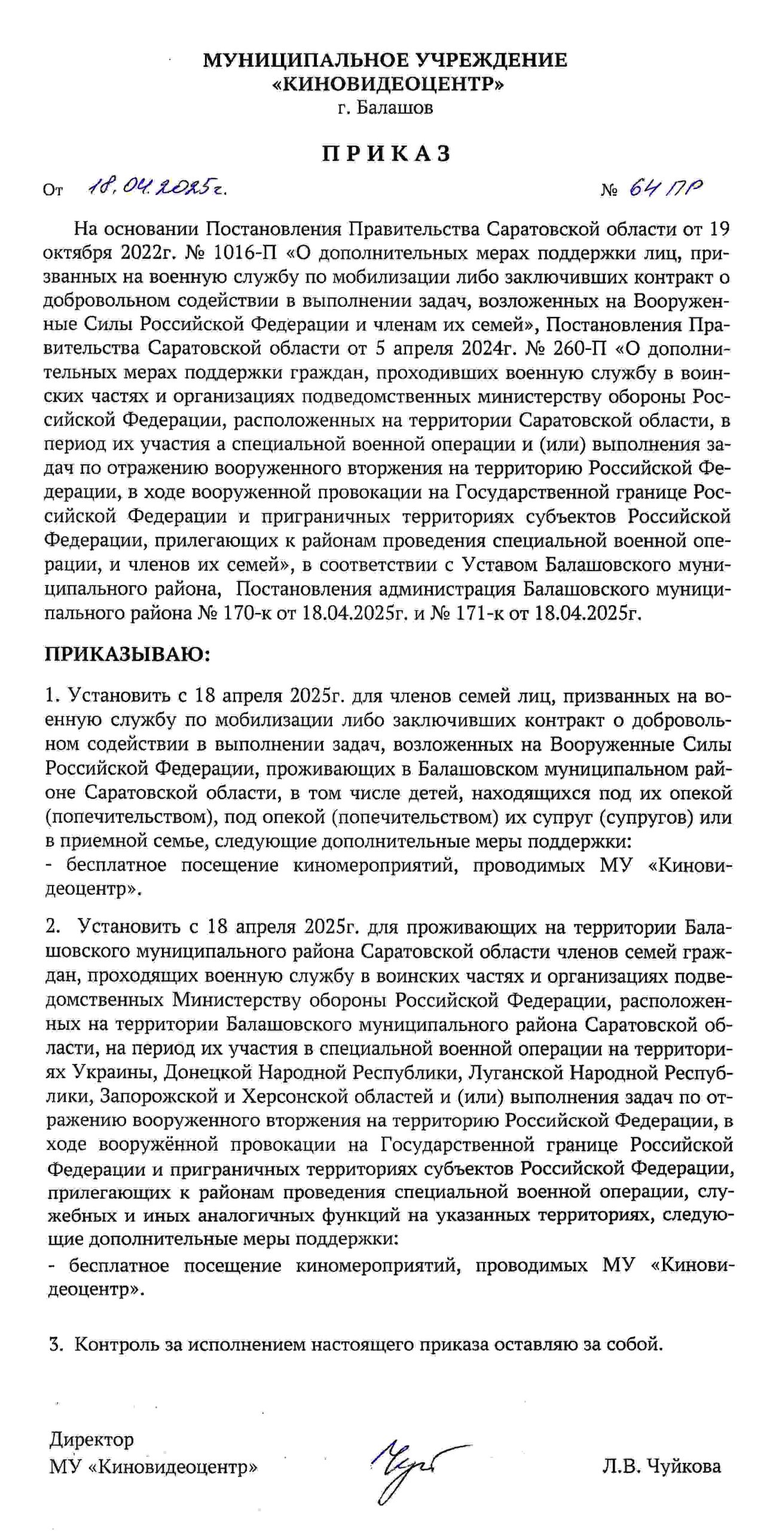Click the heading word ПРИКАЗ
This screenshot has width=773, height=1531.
click(x=386, y=154)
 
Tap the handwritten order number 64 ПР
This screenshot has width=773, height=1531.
click(x=665, y=188)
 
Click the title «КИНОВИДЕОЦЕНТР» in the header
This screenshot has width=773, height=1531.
click(x=386, y=84)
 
